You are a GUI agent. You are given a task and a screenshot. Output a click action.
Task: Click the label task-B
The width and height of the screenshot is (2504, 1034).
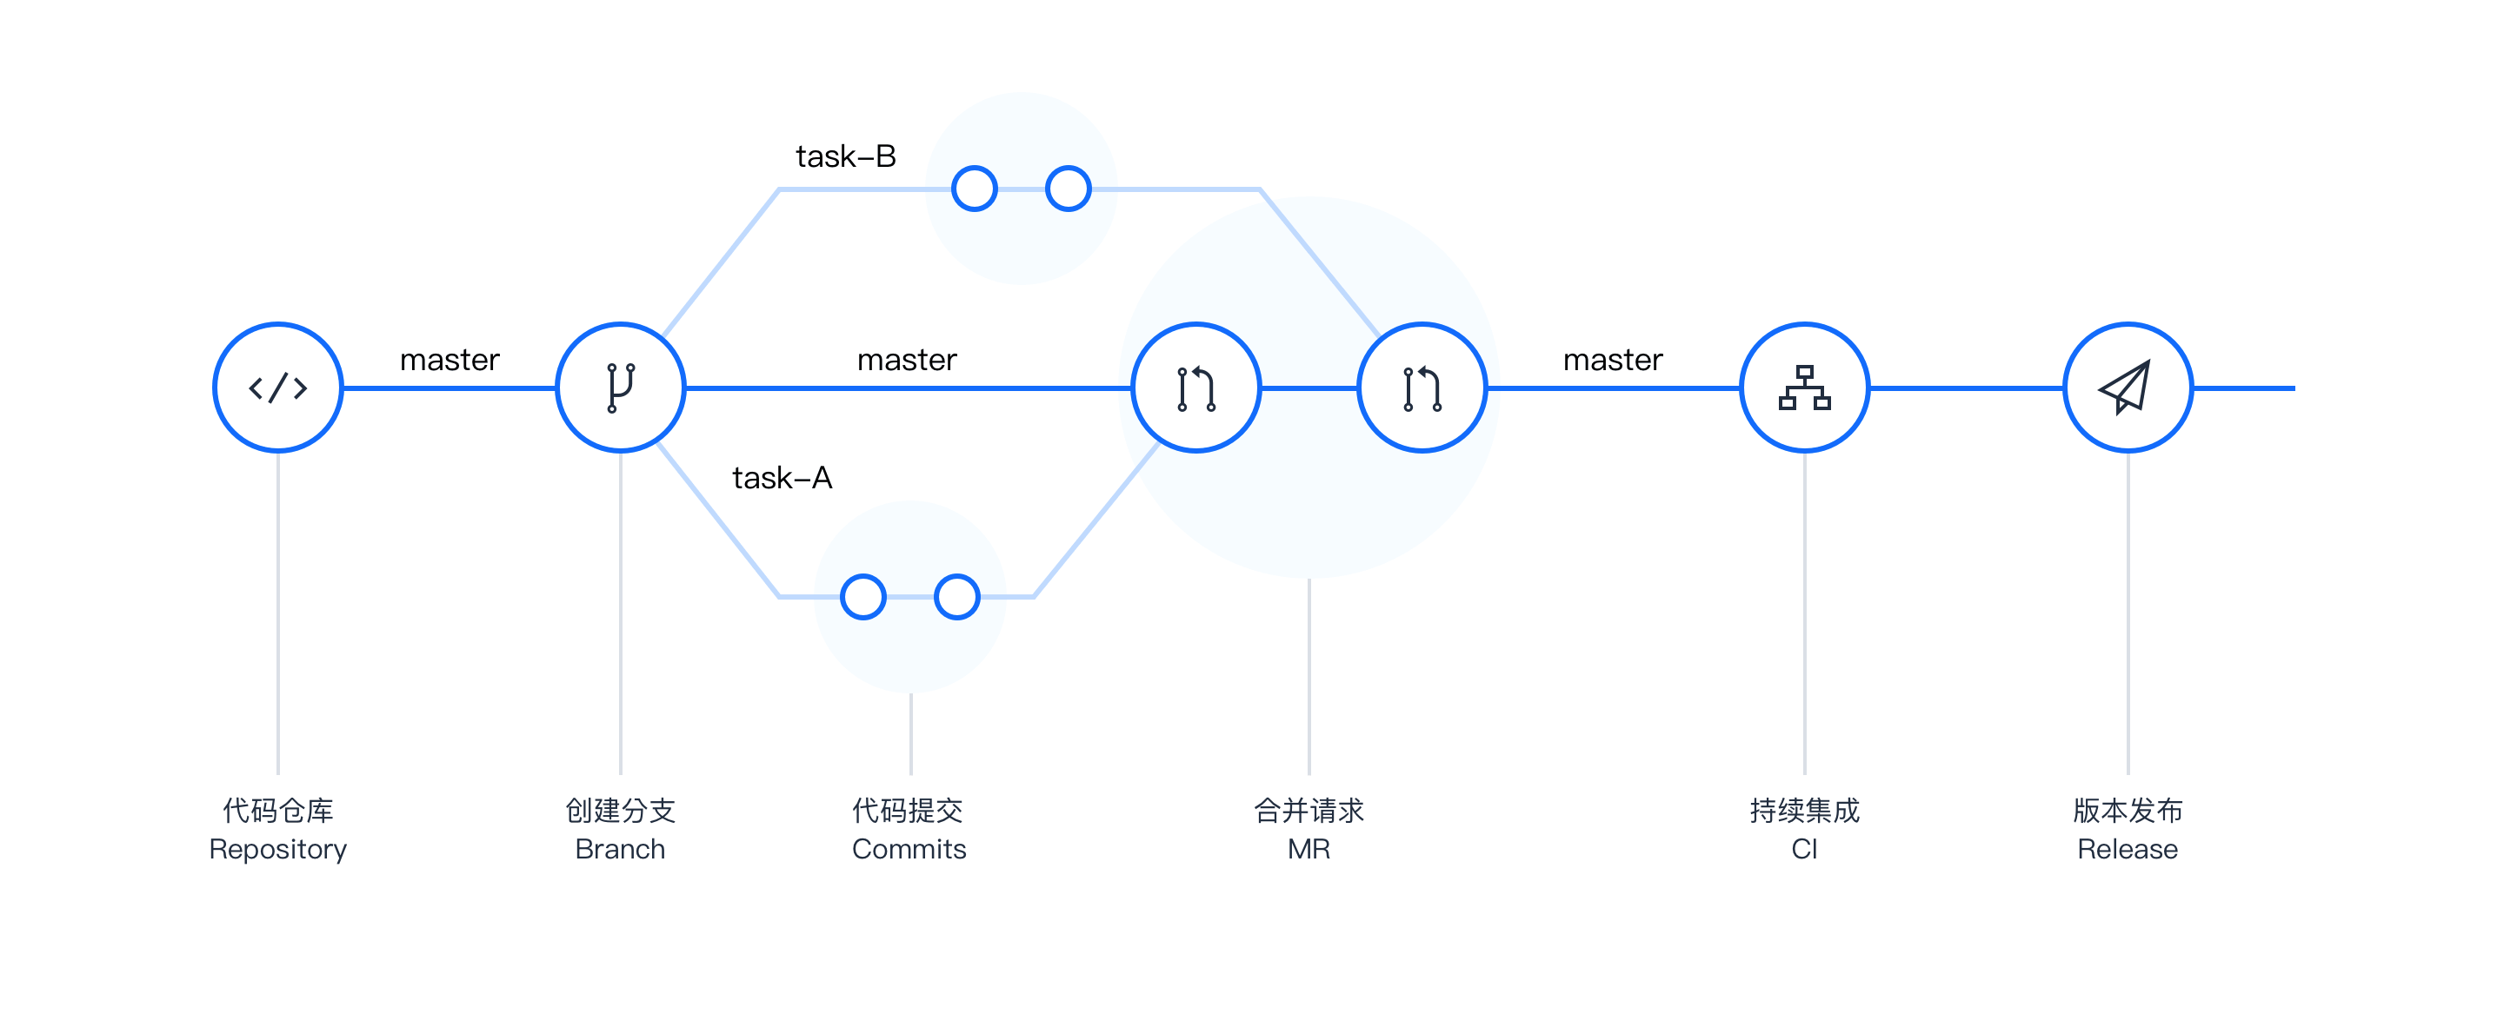click(x=846, y=156)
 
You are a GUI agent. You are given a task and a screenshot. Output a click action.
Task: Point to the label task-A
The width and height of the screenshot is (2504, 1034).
click(x=782, y=478)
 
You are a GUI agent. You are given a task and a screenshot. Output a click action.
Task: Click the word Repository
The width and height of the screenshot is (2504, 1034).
click(x=278, y=851)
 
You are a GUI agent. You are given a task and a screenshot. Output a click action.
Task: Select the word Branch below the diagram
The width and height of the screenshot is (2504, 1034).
click(x=620, y=850)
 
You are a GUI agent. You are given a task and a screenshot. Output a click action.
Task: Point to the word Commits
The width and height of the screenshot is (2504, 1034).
click(x=909, y=850)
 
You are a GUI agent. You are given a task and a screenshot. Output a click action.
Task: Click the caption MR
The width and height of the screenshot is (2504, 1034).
click(x=1309, y=850)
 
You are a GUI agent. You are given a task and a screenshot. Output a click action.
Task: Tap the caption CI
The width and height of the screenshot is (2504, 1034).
click(x=1804, y=850)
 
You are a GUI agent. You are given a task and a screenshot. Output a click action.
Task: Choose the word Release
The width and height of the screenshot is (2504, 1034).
click(x=2128, y=850)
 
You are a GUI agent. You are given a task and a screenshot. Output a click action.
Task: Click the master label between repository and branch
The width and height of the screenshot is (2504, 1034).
click(x=450, y=361)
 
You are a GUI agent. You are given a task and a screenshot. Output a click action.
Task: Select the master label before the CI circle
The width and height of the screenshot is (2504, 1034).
click(x=1614, y=361)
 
